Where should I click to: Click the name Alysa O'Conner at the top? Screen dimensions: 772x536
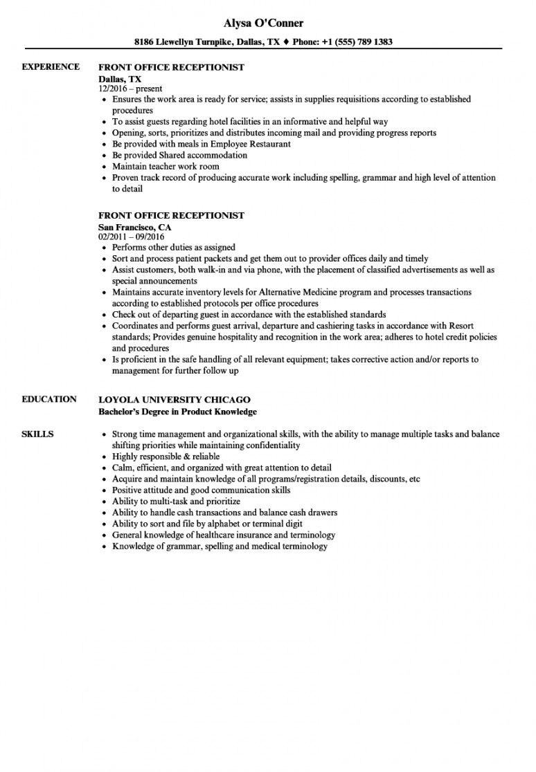tap(268, 24)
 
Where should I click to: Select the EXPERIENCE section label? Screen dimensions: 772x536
tap(51, 66)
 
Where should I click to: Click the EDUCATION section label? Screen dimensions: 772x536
tap(49, 399)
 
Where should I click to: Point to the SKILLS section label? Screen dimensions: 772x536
tap(38, 434)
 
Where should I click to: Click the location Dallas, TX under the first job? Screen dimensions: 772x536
tap(120, 79)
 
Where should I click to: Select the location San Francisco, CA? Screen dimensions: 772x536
tap(135, 227)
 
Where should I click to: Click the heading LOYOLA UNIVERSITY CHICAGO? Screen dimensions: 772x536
tap(175, 400)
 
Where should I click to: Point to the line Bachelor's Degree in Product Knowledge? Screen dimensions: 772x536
tap(177, 412)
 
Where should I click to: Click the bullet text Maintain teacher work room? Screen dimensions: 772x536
tap(166, 166)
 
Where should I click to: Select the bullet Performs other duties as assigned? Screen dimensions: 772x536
tap(173, 247)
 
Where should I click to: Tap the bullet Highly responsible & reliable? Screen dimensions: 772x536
tap(166, 457)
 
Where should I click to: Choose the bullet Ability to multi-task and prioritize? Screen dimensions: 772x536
tap(176, 501)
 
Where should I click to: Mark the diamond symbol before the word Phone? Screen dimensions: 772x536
tap(285, 42)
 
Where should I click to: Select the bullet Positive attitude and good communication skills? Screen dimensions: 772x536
tap(201, 490)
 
